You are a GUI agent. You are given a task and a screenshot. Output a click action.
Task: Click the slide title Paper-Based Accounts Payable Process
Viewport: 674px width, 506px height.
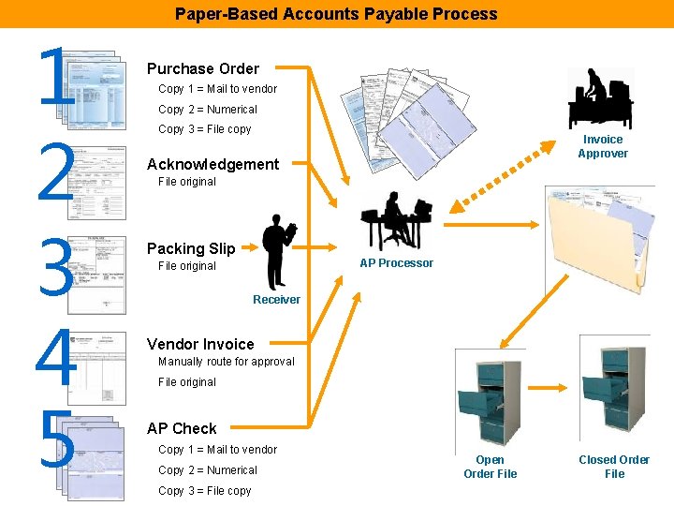click(336, 14)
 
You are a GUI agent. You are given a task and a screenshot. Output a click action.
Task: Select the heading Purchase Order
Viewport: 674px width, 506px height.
click(202, 68)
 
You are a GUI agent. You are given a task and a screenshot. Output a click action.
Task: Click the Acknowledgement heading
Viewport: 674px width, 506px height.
click(212, 164)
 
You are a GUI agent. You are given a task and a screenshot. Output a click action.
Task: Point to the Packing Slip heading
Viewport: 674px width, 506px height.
click(191, 248)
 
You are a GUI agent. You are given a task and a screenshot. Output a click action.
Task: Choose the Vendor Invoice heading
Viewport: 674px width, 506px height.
click(200, 344)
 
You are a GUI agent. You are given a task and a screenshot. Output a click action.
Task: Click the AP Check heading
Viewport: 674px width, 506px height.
click(182, 428)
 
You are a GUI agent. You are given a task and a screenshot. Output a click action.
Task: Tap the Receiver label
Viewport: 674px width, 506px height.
click(276, 300)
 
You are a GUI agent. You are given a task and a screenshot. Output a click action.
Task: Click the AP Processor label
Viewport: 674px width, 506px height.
click(396, 263)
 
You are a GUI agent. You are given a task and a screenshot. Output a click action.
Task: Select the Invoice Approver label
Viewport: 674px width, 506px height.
click(602, 146)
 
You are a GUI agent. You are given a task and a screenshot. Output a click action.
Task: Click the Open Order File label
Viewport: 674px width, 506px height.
click(490, 467)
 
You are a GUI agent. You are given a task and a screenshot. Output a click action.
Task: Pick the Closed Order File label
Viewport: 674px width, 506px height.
click(613, 467)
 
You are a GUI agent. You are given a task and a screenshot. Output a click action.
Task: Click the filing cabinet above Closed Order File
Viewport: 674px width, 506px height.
click(613, 394)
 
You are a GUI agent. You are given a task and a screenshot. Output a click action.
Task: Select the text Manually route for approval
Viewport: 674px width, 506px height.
click(226, 362)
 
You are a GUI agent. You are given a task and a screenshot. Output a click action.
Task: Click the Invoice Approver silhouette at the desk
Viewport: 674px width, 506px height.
click(599, 97)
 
